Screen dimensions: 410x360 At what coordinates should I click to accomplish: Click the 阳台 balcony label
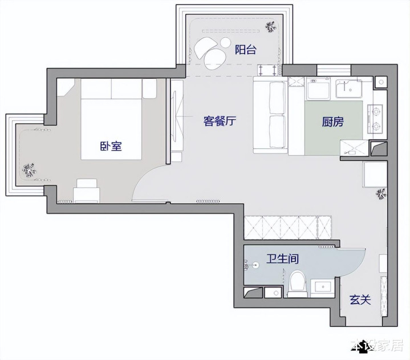[x=246, y=50]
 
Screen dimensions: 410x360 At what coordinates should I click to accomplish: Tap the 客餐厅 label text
[x=220, y=121]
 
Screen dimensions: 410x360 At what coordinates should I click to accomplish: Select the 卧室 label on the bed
[x=111, y=146]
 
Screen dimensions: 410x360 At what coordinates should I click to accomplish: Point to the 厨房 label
[x=332, y=122]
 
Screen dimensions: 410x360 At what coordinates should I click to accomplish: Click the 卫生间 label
[x=283, y=259]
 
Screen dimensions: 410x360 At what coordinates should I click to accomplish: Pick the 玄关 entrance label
[x=360, y=300]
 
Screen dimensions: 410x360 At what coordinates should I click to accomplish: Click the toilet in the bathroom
[x=298, y=284]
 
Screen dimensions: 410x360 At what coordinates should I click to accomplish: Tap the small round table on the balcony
[x=225, y=43]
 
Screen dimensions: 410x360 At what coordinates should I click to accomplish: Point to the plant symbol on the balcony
[x=271, y=27]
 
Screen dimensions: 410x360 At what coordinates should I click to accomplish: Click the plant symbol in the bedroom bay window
[x=29, y=171]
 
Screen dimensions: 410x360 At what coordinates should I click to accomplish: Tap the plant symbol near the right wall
[x=381, y=193]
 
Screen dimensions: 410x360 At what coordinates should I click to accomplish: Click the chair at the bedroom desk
[x=86, y=191]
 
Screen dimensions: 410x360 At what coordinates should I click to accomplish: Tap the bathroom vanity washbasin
[x=323, y=288]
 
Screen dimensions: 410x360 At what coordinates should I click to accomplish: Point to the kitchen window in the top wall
[x=334, y=70]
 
